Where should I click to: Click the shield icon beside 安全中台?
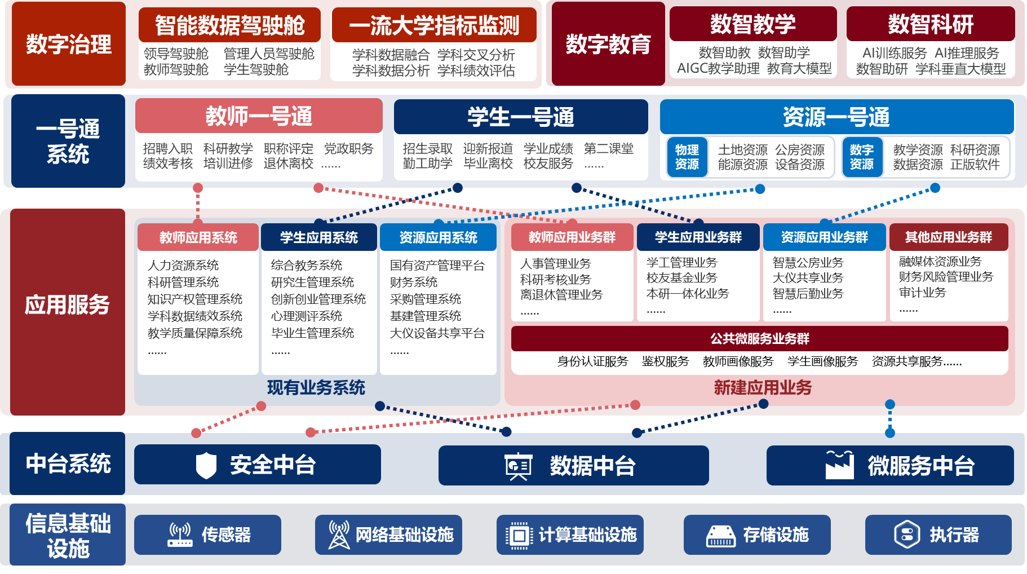coord(206,465)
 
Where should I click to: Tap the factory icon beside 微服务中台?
coord(839,465)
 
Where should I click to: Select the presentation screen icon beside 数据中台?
coord(518,466)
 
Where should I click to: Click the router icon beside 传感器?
coord(180,535)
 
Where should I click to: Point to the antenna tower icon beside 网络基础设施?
coord(339,535)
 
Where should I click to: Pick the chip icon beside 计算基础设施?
coord(519,535)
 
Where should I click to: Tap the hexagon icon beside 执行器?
coord(907,535)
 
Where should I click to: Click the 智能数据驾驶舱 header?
coord(229,25)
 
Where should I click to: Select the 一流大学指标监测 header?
coord(434,25)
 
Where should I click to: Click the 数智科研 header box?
coord(931,24)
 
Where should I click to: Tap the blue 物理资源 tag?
coord(687,157)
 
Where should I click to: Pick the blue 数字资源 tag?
coord(862,157)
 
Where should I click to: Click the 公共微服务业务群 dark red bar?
coord(759,338)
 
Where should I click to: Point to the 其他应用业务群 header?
coord(949,237)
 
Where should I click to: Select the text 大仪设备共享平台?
coord(437,333)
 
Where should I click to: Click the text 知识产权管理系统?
coord(195,299)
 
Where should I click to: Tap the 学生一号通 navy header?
coord(521,117)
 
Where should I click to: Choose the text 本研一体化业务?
coord(688,293)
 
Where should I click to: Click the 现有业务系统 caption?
coord(316,388)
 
